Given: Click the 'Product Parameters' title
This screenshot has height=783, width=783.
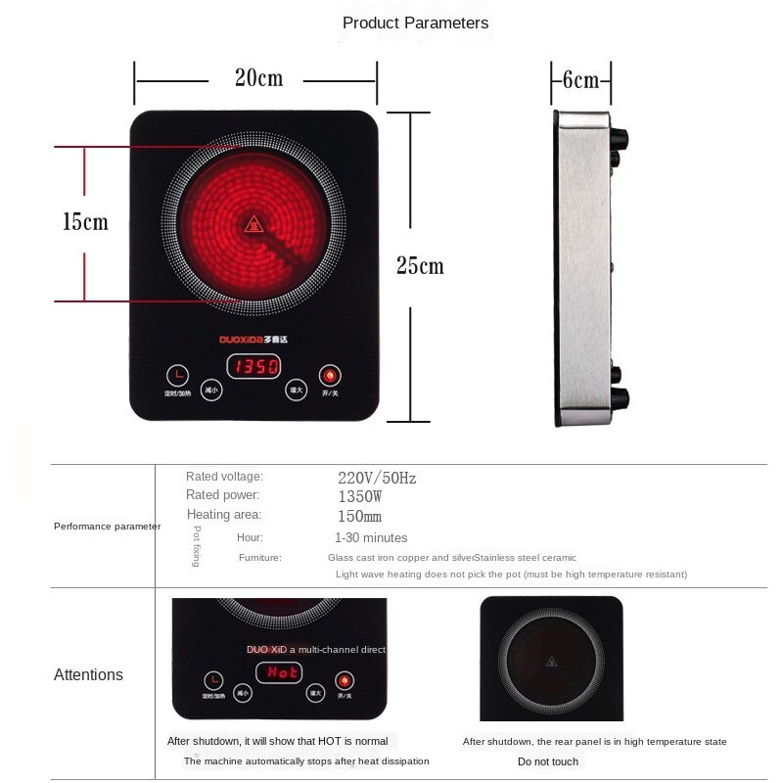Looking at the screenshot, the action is (415, 23).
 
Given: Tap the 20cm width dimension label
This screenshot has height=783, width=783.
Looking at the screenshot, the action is (258, 78).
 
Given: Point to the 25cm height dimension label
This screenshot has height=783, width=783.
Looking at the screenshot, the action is (420, 265).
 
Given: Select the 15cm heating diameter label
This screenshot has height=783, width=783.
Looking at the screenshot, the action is (85, 222).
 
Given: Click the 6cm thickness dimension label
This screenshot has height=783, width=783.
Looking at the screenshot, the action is (579, 79).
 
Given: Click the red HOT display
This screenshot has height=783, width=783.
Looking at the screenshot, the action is (279, 673).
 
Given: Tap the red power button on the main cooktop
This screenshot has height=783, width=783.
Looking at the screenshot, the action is (330, 376).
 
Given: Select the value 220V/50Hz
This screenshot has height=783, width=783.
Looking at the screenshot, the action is (377, 479).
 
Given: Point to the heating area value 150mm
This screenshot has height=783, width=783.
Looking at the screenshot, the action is (359, 516).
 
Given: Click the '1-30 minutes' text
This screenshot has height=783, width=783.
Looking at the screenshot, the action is (371, 537).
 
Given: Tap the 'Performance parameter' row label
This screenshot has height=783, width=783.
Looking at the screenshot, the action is (107, 527).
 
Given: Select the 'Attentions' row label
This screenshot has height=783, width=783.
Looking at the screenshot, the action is (88, 674).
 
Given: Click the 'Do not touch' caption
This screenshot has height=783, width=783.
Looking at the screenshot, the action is (548, 761).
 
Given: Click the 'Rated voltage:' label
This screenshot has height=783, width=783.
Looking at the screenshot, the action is (224, 477).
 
